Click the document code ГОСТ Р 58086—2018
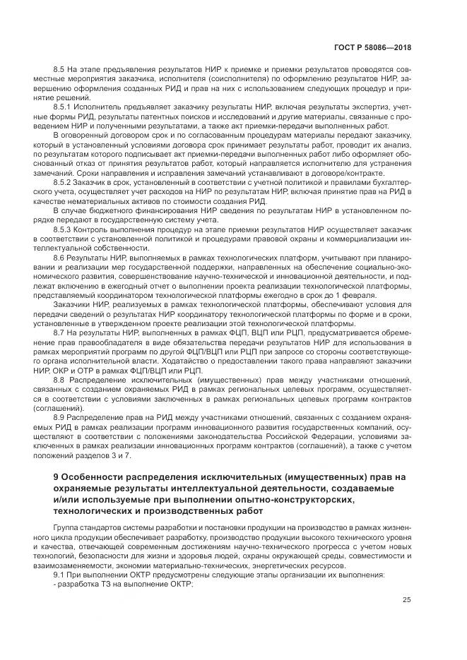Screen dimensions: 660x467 coord(375,49)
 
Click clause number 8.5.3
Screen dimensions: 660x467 coord(64,230)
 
